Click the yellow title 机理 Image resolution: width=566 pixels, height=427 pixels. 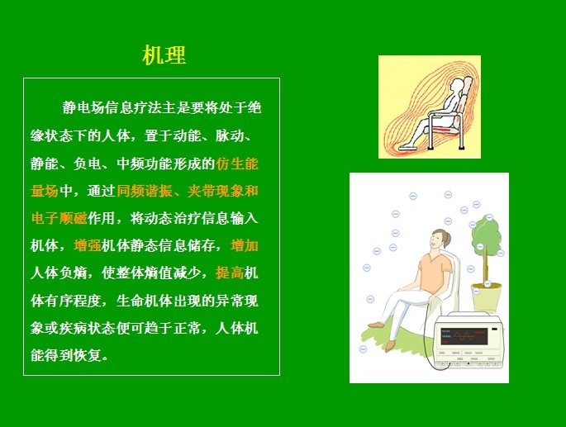click(x=164, y=55)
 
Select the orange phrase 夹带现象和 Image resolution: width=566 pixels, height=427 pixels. click(x=223, y=191)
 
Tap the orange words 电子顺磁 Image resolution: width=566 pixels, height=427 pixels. click(x=59, y=218)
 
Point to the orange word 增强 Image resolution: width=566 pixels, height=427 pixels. click(x=88, y=246)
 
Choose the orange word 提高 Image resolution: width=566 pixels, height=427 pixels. click(x=230, y=273)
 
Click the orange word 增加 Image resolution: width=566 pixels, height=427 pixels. click(x=245, y=246)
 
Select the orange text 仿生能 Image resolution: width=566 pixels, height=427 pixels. click(x=237, y=164)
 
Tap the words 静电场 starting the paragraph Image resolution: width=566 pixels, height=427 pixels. click(x=83, y=107)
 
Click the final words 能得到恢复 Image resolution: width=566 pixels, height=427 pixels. click(x=66, y=355)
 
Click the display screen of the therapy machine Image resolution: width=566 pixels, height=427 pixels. click(x=464, y=336)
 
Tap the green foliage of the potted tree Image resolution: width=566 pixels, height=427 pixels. click(x=486, y=234)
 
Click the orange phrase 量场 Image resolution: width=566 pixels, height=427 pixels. click(x=45, y=191)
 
